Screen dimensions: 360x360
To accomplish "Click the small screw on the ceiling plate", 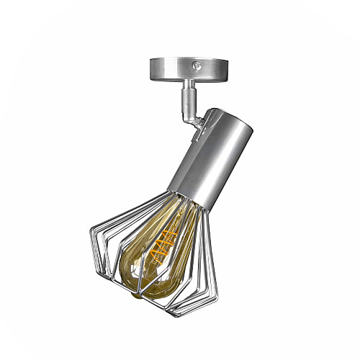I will coord(197,66).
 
